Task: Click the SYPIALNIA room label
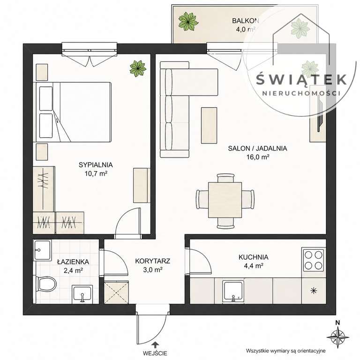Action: (96, 165)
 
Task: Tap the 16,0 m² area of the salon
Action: (258, 157)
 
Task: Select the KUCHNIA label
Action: (254, 257)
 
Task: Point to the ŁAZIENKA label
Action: (73, 262)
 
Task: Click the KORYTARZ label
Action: (153, 261)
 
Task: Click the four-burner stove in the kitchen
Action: (314, 260)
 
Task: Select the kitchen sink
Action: (233, 291)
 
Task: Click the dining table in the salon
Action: (225, 200)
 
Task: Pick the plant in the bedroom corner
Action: (138, 68)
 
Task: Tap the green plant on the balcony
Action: (188, 21)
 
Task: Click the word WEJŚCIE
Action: (155, 353)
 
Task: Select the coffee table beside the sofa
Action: (209, 125)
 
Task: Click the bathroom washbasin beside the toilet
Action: (82, 294)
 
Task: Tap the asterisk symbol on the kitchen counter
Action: (314, 291)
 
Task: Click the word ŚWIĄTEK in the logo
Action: (301, 79)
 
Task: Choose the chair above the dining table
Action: (225, 178)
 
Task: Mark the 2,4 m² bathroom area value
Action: (74, 270)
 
